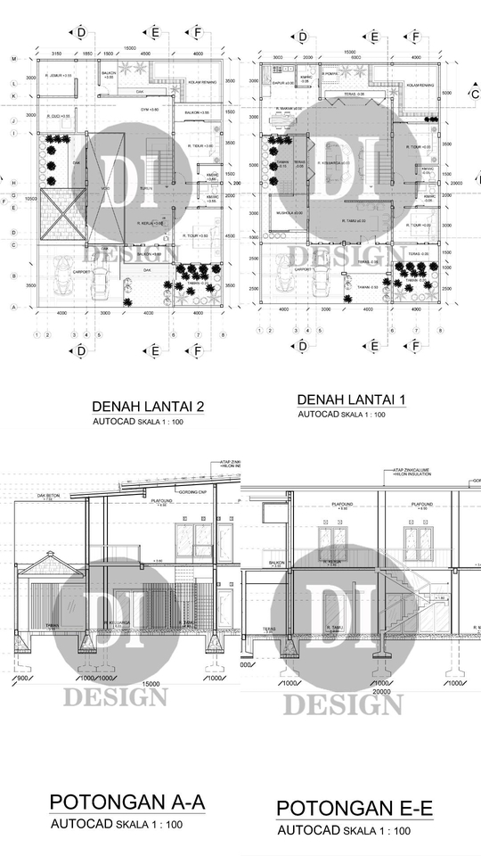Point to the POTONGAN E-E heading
[355, 808]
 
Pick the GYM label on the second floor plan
[149, 109]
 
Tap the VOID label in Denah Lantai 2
[106, 188]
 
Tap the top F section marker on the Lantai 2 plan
[196, 33]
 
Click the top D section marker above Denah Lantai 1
[303, 37]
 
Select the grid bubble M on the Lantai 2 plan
[13, 59]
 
